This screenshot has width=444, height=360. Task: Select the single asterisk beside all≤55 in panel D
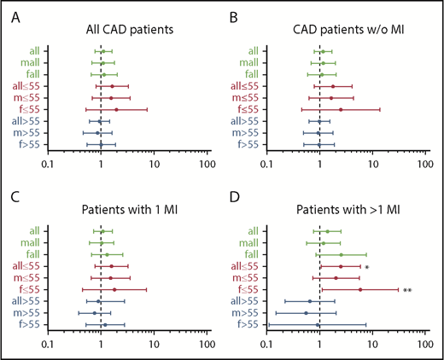pos(365,267)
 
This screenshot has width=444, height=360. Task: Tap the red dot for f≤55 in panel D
pos(360,289)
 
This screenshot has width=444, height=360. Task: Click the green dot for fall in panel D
pos(342,254)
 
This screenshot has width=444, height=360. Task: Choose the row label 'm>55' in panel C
pos(31,312)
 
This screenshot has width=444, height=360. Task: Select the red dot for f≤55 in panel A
pos(116,109)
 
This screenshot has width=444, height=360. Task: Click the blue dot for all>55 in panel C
pos(98,301)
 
